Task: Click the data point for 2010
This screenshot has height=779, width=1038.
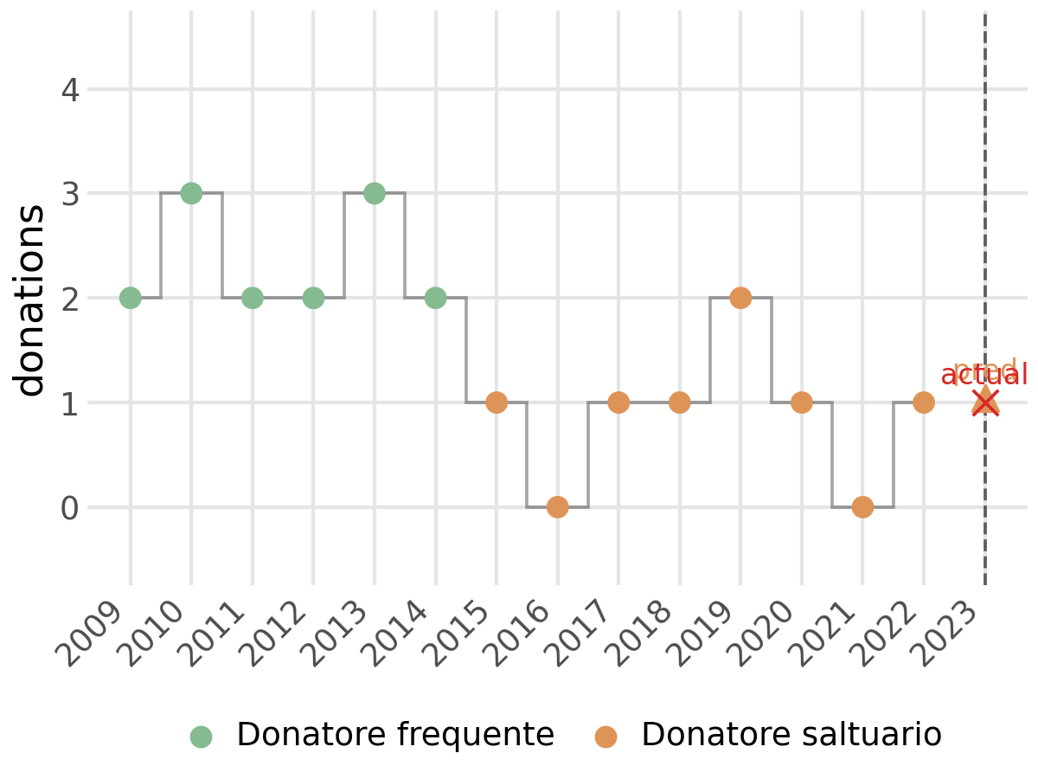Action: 191,193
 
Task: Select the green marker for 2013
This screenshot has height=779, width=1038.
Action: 374,193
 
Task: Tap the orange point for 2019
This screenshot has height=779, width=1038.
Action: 740,298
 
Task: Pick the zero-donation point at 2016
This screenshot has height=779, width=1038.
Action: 557,507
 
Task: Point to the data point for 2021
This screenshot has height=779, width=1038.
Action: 862,507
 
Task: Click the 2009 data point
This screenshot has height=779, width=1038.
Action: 130,298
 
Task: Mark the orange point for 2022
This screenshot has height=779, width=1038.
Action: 924,402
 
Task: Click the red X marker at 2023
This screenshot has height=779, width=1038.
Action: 984,402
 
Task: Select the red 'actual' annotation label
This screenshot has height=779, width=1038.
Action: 984,376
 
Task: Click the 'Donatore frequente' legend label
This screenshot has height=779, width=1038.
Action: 395,735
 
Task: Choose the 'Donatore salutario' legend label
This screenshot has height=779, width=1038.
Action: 791,735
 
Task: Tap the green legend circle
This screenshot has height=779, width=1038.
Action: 201,737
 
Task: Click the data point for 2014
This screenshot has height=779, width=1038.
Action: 435,298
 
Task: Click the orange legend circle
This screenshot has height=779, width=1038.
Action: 605,737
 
